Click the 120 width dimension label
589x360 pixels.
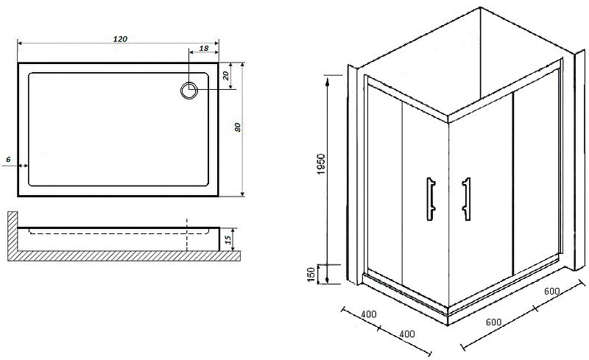(120, 39)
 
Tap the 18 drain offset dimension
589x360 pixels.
(204, 48)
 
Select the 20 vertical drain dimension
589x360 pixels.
(226, 76)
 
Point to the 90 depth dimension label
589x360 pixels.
(237, 127)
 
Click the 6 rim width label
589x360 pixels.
(8, 159)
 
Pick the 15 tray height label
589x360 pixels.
(228, 240)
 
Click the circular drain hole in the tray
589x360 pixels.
(189, 91)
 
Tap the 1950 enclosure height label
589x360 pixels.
(320, 164)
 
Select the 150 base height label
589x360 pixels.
(311, 275)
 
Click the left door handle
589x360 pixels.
(431, 199)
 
